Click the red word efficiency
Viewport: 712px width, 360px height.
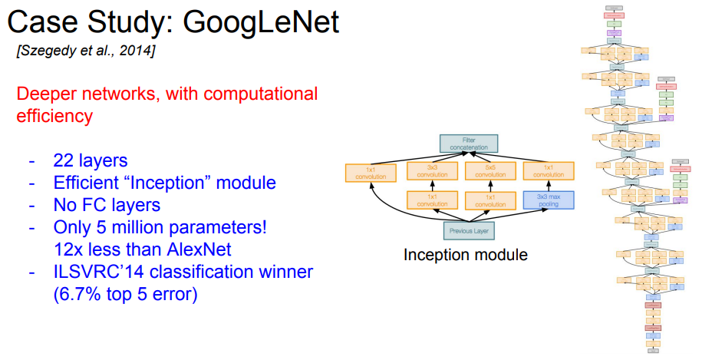[x=54, y=117]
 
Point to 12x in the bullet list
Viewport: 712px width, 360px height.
[x=68, y=249]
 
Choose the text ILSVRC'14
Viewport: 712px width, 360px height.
[x=94, y=272]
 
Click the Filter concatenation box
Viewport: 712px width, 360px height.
[x=468, y=144]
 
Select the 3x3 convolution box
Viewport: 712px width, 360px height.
[x=432, y=171]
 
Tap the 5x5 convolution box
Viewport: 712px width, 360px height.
[x=490, y=171]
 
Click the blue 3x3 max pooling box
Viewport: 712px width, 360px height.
[x=549, y=200]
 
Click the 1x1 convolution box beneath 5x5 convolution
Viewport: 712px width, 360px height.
[x=490, y=200]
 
